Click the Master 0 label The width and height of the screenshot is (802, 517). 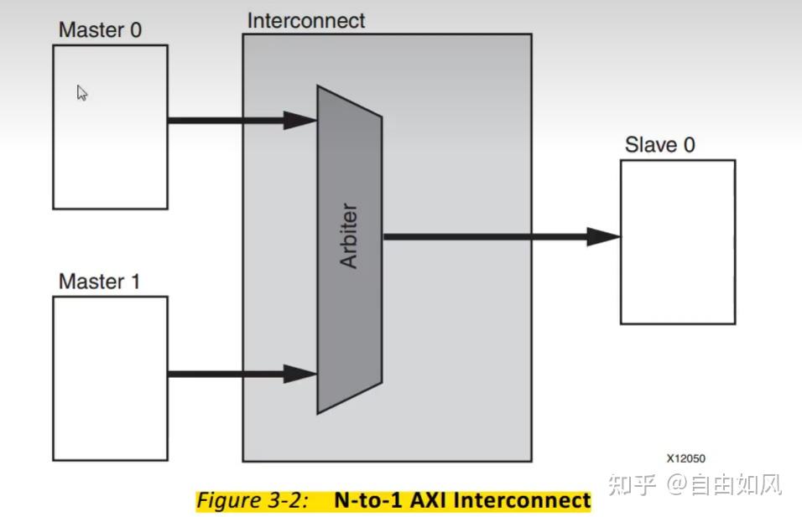(x=101, y=29)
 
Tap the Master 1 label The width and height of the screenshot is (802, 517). (x=99, y=281)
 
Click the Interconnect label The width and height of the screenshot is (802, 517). (x=306, y=21)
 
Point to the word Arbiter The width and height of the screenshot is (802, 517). (x=349, y=235)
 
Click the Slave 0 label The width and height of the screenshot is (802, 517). (x=660, y=145)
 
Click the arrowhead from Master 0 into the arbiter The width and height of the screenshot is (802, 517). (x=300, y=121)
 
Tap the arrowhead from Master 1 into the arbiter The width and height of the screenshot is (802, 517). (x=300, y=374)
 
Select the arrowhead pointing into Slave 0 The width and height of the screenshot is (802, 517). (x=603, y=236)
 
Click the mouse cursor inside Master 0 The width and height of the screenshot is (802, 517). (x=82, y=93)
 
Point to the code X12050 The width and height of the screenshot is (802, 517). (x=686, y=458)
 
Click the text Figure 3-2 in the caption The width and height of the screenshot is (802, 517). (x=253, y=500)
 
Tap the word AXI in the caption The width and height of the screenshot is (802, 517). (x=429, y=500)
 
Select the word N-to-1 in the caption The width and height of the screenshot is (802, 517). (x=368, y=500)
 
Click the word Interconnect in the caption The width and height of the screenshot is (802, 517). (x=522, y=500)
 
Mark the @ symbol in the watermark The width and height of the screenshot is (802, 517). (x=677, y=484)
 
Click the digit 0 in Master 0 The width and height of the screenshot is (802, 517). (x=136, y=30)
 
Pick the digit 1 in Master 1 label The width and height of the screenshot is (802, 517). (x=136, y=282)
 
